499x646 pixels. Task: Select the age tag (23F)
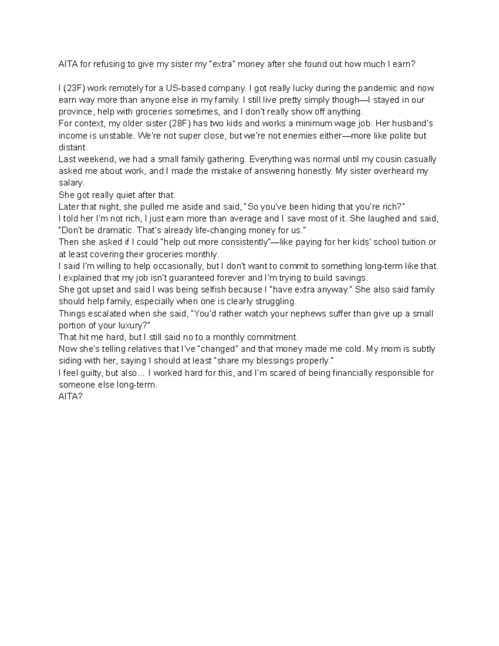click(x=74, y=88)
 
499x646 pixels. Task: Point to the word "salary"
click(x=71, y=183)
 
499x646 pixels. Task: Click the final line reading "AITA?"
click(x=71, y=397)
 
